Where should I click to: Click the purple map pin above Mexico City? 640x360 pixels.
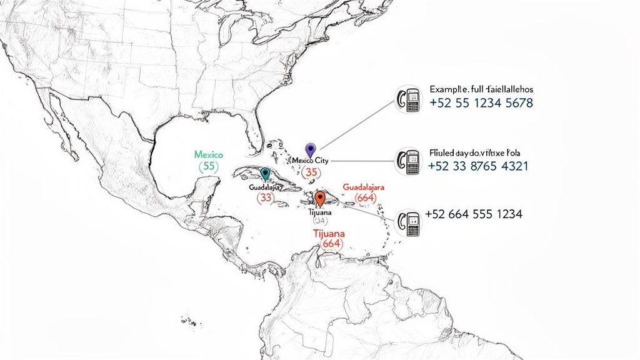tap(309, 150)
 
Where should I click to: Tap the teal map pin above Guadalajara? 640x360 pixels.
tap(265, 174)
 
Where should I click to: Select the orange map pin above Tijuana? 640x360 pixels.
tap(320, 199)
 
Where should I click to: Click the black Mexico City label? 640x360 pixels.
tap(310, 161)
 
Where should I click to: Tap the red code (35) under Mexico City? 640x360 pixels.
tap(310, 172)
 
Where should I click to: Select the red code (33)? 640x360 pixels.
tap(266, 197)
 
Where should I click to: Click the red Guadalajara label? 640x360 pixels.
tap(363, 187)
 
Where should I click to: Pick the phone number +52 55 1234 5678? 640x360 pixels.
tap(481, 103)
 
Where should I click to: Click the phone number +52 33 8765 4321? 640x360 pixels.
tap(479, 166)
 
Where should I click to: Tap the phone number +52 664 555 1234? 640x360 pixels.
tap(473, 214)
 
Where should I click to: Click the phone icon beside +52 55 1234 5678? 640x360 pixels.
tap(410, 100)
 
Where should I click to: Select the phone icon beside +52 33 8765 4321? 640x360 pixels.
tap(410, 162)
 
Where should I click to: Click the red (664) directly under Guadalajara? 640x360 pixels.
tap(364, 198)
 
